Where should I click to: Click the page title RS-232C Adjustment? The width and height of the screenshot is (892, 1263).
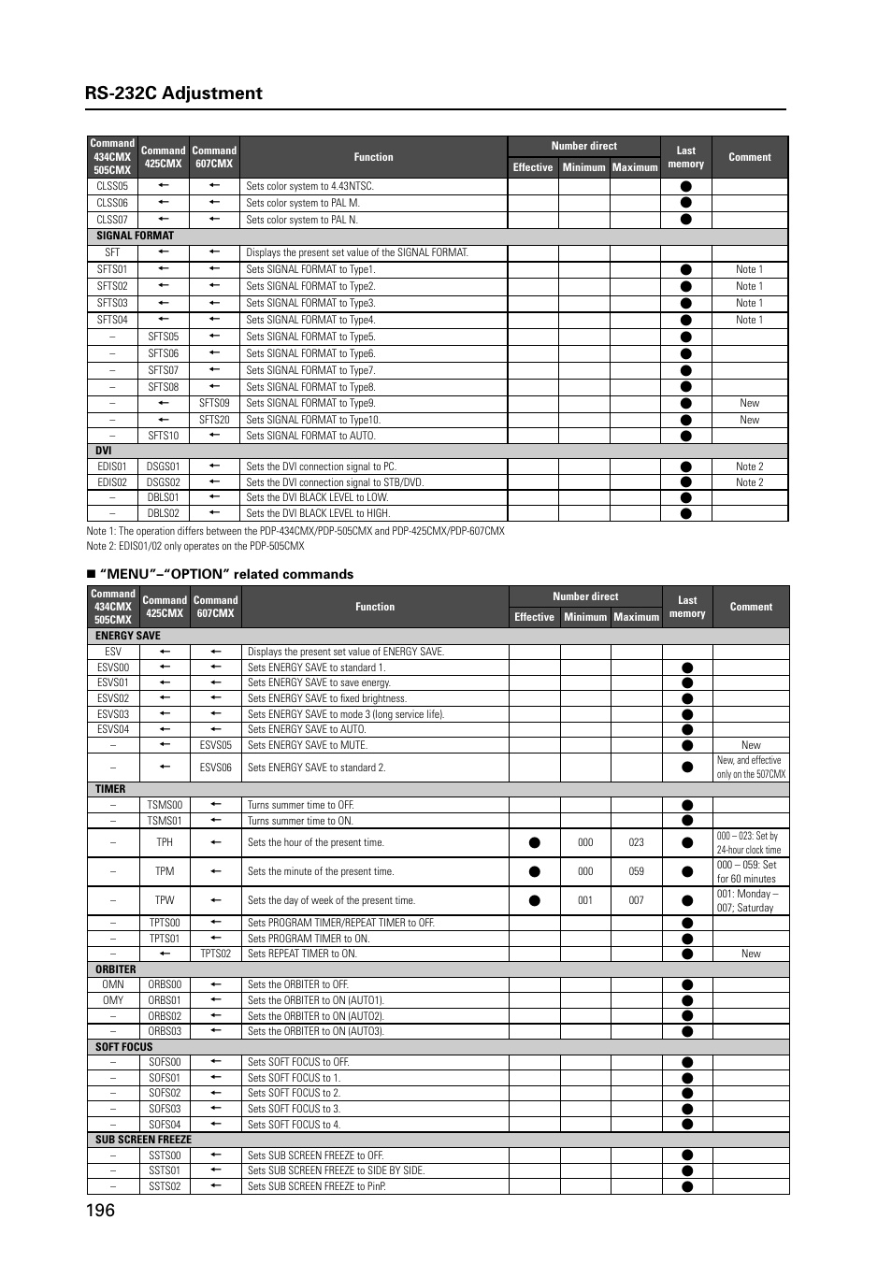tap(173, 93)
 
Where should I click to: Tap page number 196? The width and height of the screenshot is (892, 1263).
tap(100, 1210)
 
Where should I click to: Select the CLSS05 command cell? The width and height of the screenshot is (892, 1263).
tap(112, 186)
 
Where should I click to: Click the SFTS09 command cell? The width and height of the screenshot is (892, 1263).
tap(214, 403)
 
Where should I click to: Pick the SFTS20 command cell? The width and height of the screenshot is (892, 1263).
tap(214, 420)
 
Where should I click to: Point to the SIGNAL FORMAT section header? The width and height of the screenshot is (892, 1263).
tap(135, 236)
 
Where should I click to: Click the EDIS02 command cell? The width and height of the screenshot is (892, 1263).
tap(112, 482)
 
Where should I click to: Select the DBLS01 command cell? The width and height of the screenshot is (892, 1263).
tap(163, 497)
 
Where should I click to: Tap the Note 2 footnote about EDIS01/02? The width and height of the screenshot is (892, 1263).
tap(194, 546)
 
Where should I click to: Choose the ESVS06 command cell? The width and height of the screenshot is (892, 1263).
tap(215, 768)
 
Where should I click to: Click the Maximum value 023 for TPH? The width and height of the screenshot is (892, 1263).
tap(636, 842)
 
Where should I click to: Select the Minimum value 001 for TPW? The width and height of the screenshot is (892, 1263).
tap(585, 900)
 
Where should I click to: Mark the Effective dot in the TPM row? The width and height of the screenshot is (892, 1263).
tap(534, 871)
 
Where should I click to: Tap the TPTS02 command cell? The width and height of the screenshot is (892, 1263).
tap(215, 954)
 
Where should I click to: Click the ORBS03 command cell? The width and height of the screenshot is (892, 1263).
tap(165, 1031)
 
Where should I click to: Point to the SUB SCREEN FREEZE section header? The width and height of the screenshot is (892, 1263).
tap(143, 1140)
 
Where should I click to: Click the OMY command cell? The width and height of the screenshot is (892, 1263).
tap(113, 1000)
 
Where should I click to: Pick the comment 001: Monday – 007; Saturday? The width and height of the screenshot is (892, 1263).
tap(747, 900)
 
